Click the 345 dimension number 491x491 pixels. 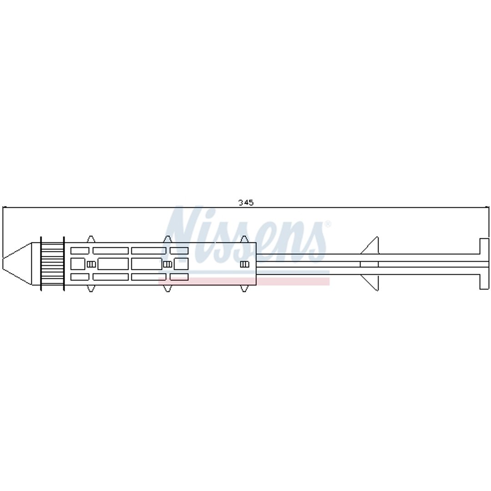[x=246, y=203]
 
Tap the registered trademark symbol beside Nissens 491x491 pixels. [x=327, y=224]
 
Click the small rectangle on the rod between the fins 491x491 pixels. [x=369, y=264]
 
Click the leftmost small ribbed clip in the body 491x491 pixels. [x=91, y=264]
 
